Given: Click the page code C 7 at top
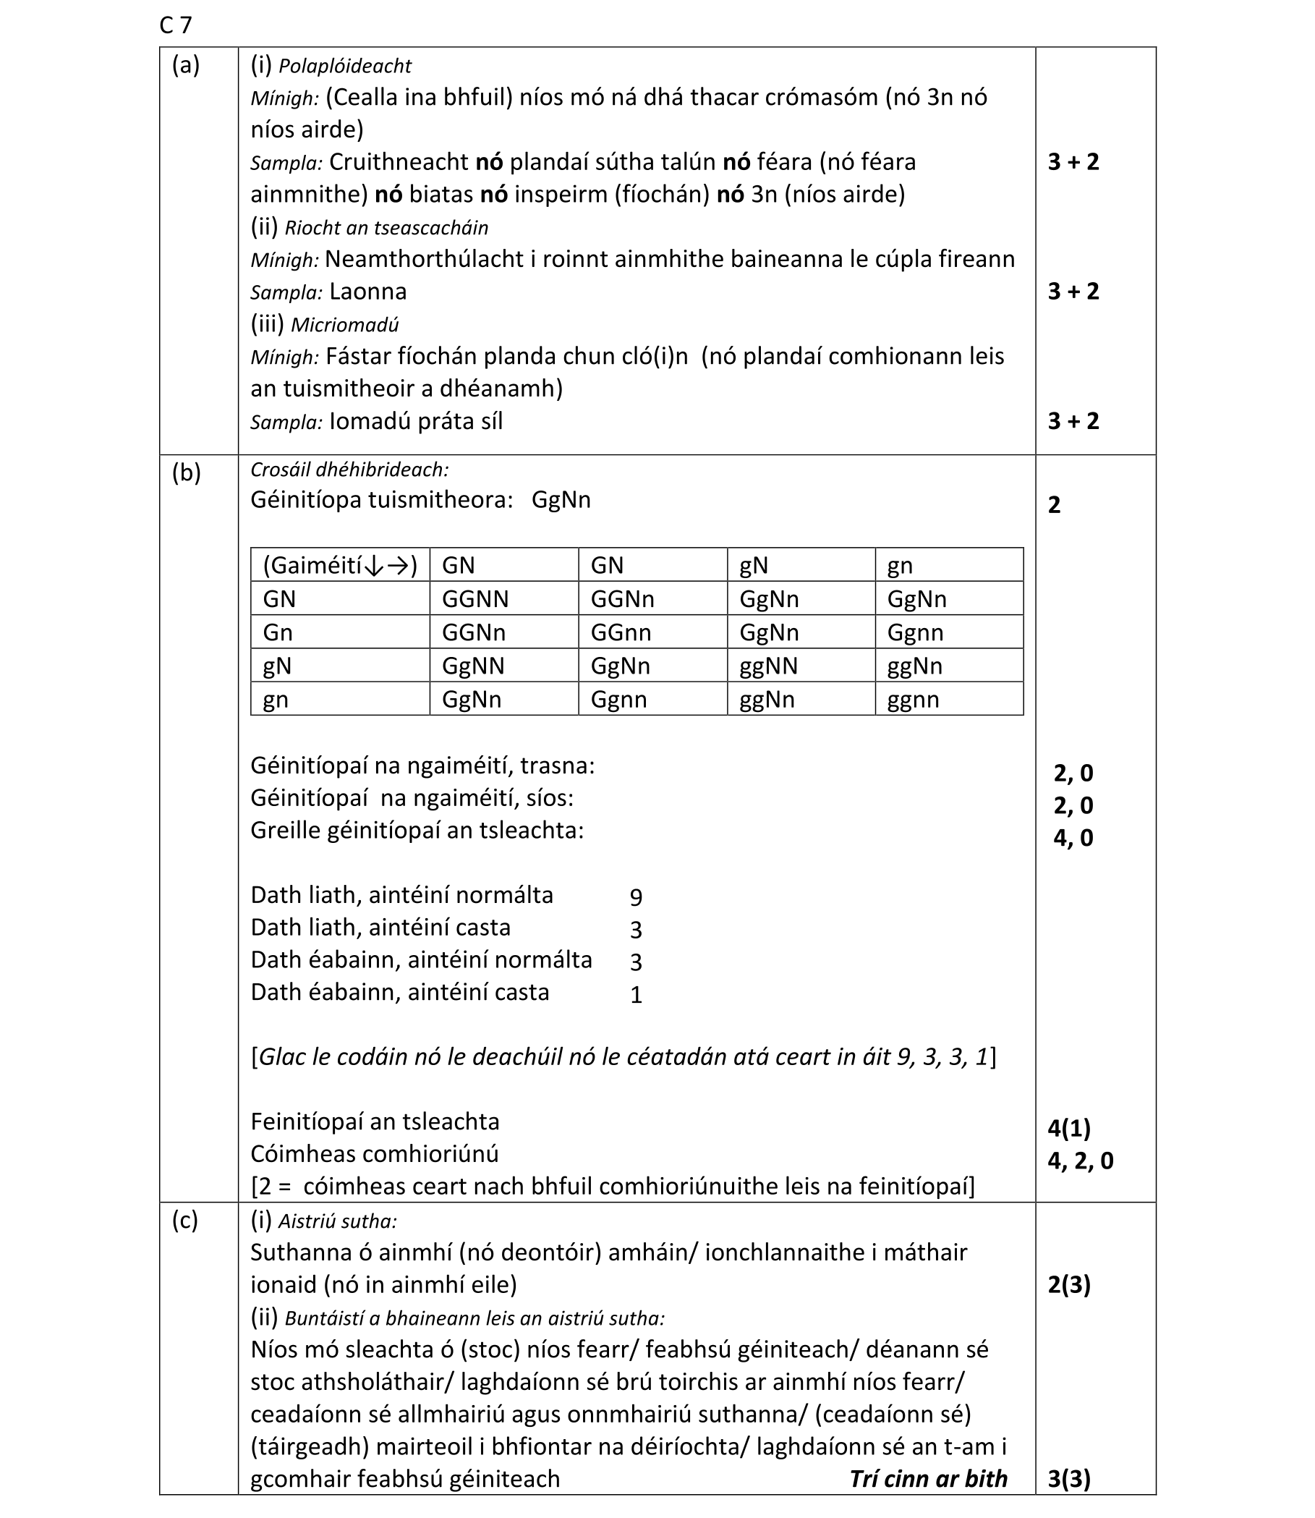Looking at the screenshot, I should [175, 26].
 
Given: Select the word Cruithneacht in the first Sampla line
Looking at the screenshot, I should [399, 162].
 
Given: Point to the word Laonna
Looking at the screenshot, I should [367, 292].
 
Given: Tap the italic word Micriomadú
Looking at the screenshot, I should [344, 325].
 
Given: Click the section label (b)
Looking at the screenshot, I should [186, 473].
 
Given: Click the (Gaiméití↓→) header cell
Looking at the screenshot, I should [340, 565].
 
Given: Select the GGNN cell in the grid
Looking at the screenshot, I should [474, 599].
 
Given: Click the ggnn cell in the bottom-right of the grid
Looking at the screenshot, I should [913, 700].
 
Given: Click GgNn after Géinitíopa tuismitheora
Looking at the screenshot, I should [561, 500].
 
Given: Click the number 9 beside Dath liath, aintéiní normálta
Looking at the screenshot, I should [636, 897].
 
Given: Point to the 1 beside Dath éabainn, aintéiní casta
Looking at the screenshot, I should [636, 995].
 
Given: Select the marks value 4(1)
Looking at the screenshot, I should [1069, 1128].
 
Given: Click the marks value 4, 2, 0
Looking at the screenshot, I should [1079, 1161].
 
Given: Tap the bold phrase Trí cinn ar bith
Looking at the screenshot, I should [927, 1478].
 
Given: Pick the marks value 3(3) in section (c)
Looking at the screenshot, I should [1069, 1479].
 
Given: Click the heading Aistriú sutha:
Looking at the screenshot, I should [337, 1221].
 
